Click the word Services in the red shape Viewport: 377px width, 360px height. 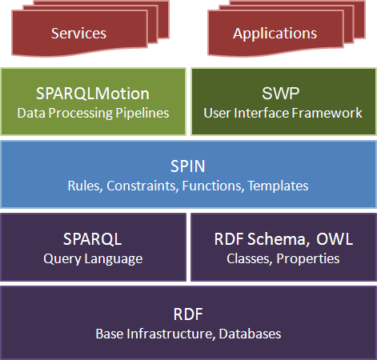click(78, 34)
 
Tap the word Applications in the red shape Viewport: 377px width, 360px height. click(275, 34)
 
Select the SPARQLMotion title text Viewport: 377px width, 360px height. click(93, 94)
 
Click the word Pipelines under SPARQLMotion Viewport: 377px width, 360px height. click(142, 113)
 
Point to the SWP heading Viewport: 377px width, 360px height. click(281, 94)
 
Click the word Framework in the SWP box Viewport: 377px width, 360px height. click(327, 113)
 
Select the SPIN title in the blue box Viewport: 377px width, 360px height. click(188, 166)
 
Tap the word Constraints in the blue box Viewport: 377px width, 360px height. click(142, 186)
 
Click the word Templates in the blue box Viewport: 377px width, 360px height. click(278, 186)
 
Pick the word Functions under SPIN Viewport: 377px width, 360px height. click(213, 186)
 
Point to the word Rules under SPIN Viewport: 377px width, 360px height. click(86, 186)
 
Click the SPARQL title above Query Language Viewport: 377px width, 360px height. click(93, 239)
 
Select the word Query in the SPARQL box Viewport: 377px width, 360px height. click(62, 258)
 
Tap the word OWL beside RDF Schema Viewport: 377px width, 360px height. click(335, 239)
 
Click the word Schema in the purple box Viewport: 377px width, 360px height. click(277, 239)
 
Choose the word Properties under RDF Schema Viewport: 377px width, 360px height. click(308, 258)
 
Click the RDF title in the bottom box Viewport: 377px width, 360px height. click(188, 314)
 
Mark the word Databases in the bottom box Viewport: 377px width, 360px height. click(250, 334)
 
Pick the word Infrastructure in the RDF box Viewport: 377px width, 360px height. click(171, 334)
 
